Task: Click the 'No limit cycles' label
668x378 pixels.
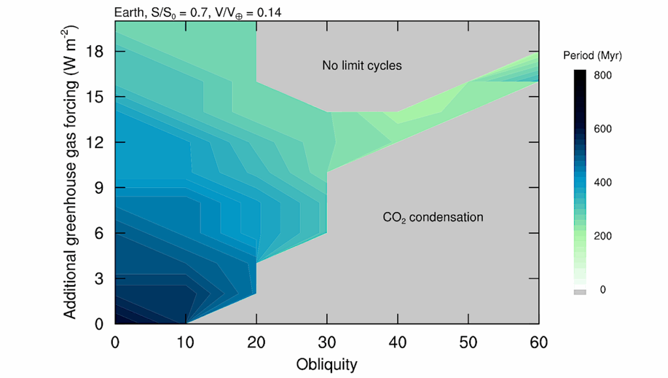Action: click(x=361, y=65)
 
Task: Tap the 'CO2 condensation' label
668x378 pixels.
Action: click(x=433, y=217)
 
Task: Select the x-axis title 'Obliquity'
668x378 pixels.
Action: click(x=327, y=364)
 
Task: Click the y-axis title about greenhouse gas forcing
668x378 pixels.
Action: click(x=72, y=172)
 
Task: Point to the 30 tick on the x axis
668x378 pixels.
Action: click(x=327, y=342)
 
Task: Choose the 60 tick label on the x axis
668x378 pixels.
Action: click(x=539, y=342)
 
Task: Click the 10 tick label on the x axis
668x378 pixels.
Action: click(x=186, y=342)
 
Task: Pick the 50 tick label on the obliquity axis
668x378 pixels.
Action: click(x=468, y=342)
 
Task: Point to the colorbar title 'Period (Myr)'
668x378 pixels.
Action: click(x=593, y=57)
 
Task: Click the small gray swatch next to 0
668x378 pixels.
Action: click(x=580, y=292)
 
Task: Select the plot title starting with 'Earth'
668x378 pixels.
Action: click(x=198, y=12)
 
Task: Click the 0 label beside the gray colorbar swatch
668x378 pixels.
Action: click(x=602, y=289)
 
